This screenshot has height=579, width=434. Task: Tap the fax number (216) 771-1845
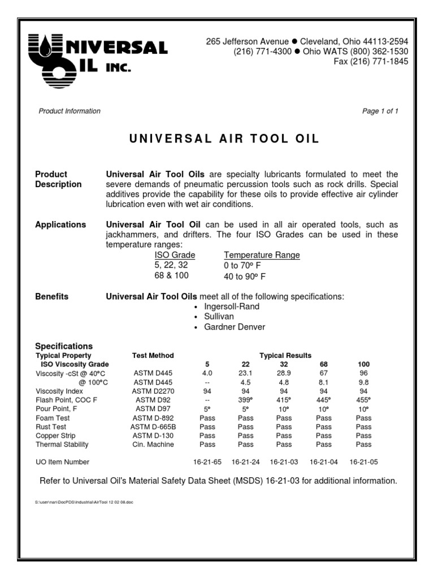pyautogui.click(x=371, y=62)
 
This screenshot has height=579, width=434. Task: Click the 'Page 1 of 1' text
pyautogui.click(x=380, y=111)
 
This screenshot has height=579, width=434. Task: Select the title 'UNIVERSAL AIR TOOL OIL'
pyautogui.click(x=216, y=139)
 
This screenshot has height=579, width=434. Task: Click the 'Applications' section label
pyautogui.click(x=60, y=224)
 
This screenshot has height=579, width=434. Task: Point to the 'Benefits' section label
pyautogui.click(x=52, y=296)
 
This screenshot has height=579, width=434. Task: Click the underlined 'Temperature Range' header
pyautogui.click(x=262, y=255)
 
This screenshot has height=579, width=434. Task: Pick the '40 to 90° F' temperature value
pyautogui.click(x=245, y=276)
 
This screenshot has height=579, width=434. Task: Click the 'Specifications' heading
pyautogui.click(x=64, y=346)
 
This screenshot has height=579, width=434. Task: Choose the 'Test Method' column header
pyautogui.click(x=153, y=356)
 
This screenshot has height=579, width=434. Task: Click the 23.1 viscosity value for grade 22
pyautogui.click(x=245, y=374)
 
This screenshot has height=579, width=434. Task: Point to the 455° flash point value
pyautogui.click(x=363, y=400)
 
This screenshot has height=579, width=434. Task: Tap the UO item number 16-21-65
pyautogui.click(x=207, y=462)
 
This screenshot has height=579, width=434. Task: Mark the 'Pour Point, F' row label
pyautogui.click(x=57, y=409)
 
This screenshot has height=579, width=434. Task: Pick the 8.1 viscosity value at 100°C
pyautogui.click(x=324, y=382)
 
